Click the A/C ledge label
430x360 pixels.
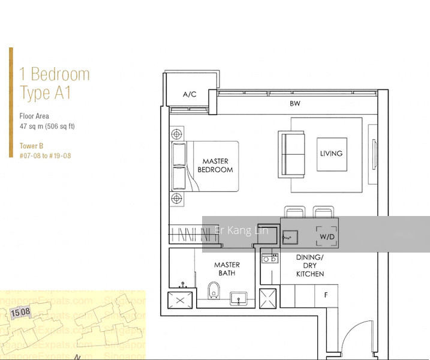[190, 94]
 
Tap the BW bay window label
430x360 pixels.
[294, 104]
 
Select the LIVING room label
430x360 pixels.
[331, 154]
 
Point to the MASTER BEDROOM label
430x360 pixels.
[215, 166]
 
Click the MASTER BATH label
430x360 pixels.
[227, 269]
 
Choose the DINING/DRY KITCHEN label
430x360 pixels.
[310, 266]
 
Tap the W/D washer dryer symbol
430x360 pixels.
[327, 236]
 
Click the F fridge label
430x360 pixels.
[326, 295]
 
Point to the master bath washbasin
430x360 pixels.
[239, 298]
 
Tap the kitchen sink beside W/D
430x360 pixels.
[289, 237]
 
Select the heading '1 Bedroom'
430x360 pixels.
[55, 74]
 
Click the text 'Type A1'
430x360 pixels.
[46, 93]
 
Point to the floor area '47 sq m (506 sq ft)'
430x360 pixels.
[47, 126]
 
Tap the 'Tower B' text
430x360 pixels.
[32, 146]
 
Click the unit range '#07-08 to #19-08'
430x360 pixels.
[45, 155]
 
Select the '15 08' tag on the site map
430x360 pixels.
[21, 313]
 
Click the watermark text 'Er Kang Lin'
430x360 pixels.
[241, 231]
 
